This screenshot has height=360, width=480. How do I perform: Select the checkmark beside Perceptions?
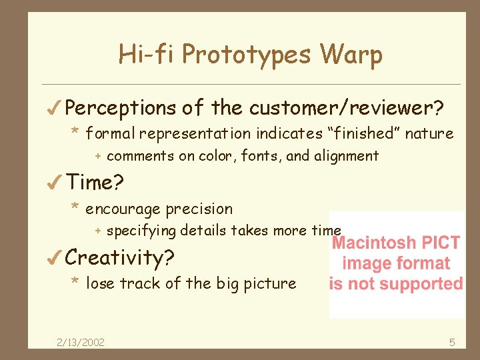click(55, 107)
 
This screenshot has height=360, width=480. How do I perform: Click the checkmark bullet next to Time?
click(55, 181)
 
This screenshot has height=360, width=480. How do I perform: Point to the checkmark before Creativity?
click(55, 257)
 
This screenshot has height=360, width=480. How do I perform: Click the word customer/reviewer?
click(347, 107)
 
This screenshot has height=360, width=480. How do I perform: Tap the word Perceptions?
click(121, 108)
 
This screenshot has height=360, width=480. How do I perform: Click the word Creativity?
click(121, 257)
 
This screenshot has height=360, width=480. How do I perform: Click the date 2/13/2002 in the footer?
click(80, 342)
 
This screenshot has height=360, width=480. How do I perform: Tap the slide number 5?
click(452, 342)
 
